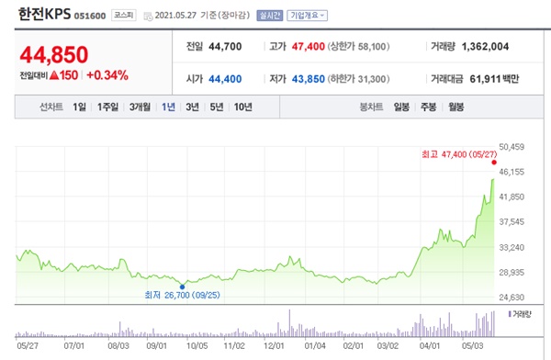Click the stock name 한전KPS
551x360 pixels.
pos(45,15)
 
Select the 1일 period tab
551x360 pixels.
pos(79,107)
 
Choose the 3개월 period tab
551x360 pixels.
pos(140,107)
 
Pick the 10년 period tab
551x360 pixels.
pos(242,107)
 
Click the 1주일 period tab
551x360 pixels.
pos(107,107)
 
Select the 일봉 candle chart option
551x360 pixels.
pos(401,107)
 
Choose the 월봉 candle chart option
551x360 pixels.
pos(455,107)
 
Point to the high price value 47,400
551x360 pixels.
pos(308,46)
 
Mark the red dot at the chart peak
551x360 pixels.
pos(495,163)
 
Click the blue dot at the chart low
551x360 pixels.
pos(184,286)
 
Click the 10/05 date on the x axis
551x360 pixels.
pos(197,347)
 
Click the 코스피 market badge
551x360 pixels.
pos(122,16)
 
